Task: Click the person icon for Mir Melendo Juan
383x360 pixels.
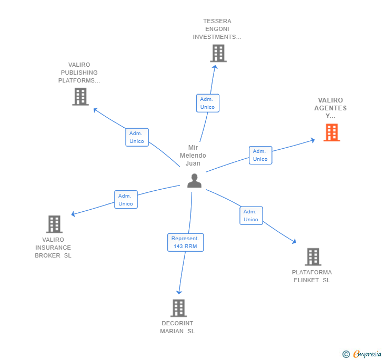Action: tap(195, 180)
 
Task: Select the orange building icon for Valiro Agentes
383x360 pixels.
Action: tap(331, 132)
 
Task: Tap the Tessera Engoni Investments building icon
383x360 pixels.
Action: tap(218, 53)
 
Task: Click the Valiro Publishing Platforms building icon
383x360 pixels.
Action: tap(80, 97)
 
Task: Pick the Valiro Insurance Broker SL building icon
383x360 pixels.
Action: tap(54, 224)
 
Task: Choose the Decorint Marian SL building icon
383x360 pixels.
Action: tap(178, 308)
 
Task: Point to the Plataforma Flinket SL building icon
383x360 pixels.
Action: tap(313, 257)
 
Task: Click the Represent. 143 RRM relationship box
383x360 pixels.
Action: tap(185, 242)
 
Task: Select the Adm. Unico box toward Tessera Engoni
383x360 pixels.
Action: tap(207, 103)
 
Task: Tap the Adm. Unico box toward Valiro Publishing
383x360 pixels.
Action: tap(137, 137)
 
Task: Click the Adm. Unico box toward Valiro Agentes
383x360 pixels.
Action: tap(260, 155)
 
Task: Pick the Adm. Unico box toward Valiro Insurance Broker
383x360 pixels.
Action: tap(126, 200)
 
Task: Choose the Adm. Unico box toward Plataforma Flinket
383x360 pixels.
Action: tap(251, 215)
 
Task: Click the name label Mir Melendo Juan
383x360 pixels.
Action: tap(193, 156)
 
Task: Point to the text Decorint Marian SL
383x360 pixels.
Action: tap(177, 327)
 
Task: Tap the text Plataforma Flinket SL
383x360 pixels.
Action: tap(312, 276)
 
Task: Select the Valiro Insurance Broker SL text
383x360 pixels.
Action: tap(53, 248)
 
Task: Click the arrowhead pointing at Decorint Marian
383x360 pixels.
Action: tap(179, 292)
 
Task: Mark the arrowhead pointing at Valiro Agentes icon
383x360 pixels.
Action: tap(312, 140)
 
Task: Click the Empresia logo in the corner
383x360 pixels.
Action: tap(362, 354)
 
